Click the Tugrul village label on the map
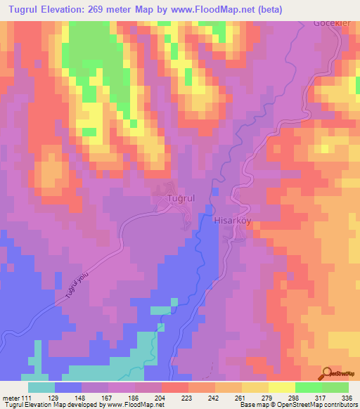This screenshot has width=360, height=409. (180, 200)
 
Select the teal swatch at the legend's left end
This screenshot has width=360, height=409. (41, 388)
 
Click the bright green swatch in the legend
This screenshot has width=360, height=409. (309, 388)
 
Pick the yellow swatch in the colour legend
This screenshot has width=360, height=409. (255, 388)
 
